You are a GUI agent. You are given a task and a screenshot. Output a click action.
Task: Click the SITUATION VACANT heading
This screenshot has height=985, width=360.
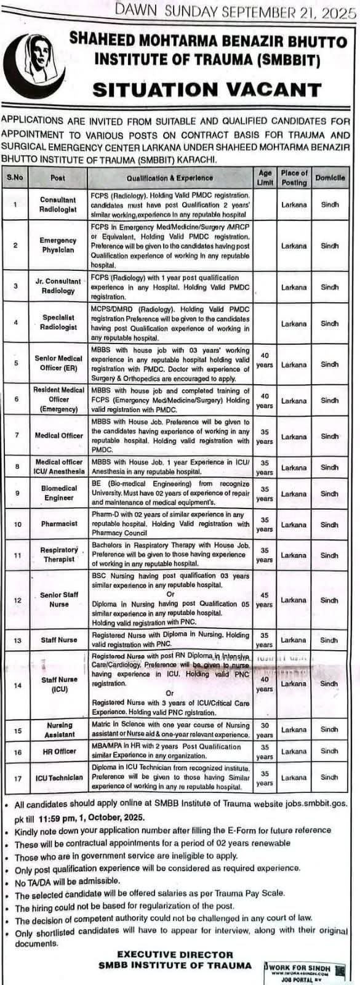207,90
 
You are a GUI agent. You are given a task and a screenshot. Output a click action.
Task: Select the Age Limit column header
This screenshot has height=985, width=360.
265,178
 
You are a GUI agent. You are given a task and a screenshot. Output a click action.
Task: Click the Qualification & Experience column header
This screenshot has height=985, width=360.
170,178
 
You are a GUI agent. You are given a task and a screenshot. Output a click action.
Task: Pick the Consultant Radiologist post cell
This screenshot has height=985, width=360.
58,204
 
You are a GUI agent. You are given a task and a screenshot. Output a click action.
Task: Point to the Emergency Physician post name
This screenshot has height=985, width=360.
58,245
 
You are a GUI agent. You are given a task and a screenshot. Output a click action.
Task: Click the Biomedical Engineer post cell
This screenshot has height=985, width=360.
59,492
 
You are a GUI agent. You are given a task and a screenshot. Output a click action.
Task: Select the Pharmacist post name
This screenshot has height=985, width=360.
59,524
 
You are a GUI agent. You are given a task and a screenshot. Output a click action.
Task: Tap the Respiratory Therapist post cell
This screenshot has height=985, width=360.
59,555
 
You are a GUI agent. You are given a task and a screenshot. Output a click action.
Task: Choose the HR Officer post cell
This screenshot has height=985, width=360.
59,751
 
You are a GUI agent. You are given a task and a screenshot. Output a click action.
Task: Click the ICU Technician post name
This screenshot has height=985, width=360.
58,778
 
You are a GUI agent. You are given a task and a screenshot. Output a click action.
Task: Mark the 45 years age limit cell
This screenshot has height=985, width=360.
265,600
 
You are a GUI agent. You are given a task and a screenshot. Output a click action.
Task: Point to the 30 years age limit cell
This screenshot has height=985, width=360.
265,730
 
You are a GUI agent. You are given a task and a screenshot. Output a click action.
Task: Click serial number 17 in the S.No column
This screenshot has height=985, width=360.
17,778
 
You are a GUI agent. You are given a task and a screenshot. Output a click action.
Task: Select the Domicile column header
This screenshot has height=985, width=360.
330,178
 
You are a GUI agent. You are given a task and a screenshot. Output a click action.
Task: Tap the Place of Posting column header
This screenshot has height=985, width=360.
294,178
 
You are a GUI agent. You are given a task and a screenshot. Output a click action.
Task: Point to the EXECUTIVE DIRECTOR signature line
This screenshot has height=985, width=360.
175,954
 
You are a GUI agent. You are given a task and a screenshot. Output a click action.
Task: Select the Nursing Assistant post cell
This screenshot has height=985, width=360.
59,730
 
